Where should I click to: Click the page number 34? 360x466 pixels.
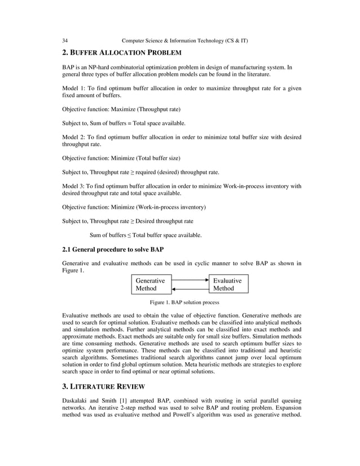pyautogui.click(x=65, y=41)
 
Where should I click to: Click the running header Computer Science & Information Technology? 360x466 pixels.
pyautogui.click(x=185, y=41)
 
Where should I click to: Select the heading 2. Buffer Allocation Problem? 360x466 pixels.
pyautogui.click(x=121, y=53)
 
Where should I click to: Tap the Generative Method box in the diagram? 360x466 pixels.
pyautogui.click(x=151, y=284)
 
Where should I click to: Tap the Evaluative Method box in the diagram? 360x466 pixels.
pyautogui.click(x=229, y=284)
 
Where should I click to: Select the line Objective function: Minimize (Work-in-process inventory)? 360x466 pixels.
pyautogui.click(x=134, y=206)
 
